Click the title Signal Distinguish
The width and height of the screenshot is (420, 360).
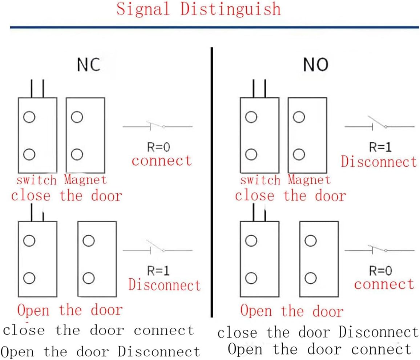(198, 9)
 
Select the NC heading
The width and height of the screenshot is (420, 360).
(88, 65)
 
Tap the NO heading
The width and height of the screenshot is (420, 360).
(315, 65)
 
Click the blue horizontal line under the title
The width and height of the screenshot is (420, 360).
(214, 27)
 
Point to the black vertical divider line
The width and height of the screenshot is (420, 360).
(211, 182)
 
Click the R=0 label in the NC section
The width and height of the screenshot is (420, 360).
(158, 147)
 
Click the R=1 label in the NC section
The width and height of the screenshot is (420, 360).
(158, 271)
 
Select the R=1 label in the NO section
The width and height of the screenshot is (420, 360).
(381, 147)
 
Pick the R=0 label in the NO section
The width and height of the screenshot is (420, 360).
(381, 271)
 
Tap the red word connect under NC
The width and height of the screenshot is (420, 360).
(162, 160)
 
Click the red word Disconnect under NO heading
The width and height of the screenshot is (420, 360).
(379, 162)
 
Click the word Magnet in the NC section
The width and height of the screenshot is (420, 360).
(85, 179)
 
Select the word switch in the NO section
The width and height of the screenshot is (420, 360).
(260, 179)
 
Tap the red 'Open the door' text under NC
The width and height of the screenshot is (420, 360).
(70, 310)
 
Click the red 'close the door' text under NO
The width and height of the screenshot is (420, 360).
(290, 196)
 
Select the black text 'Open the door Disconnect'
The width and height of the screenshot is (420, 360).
(100, 352)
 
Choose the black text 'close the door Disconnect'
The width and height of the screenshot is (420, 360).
(318, 332)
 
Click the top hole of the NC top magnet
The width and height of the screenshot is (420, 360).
(77, 117)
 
